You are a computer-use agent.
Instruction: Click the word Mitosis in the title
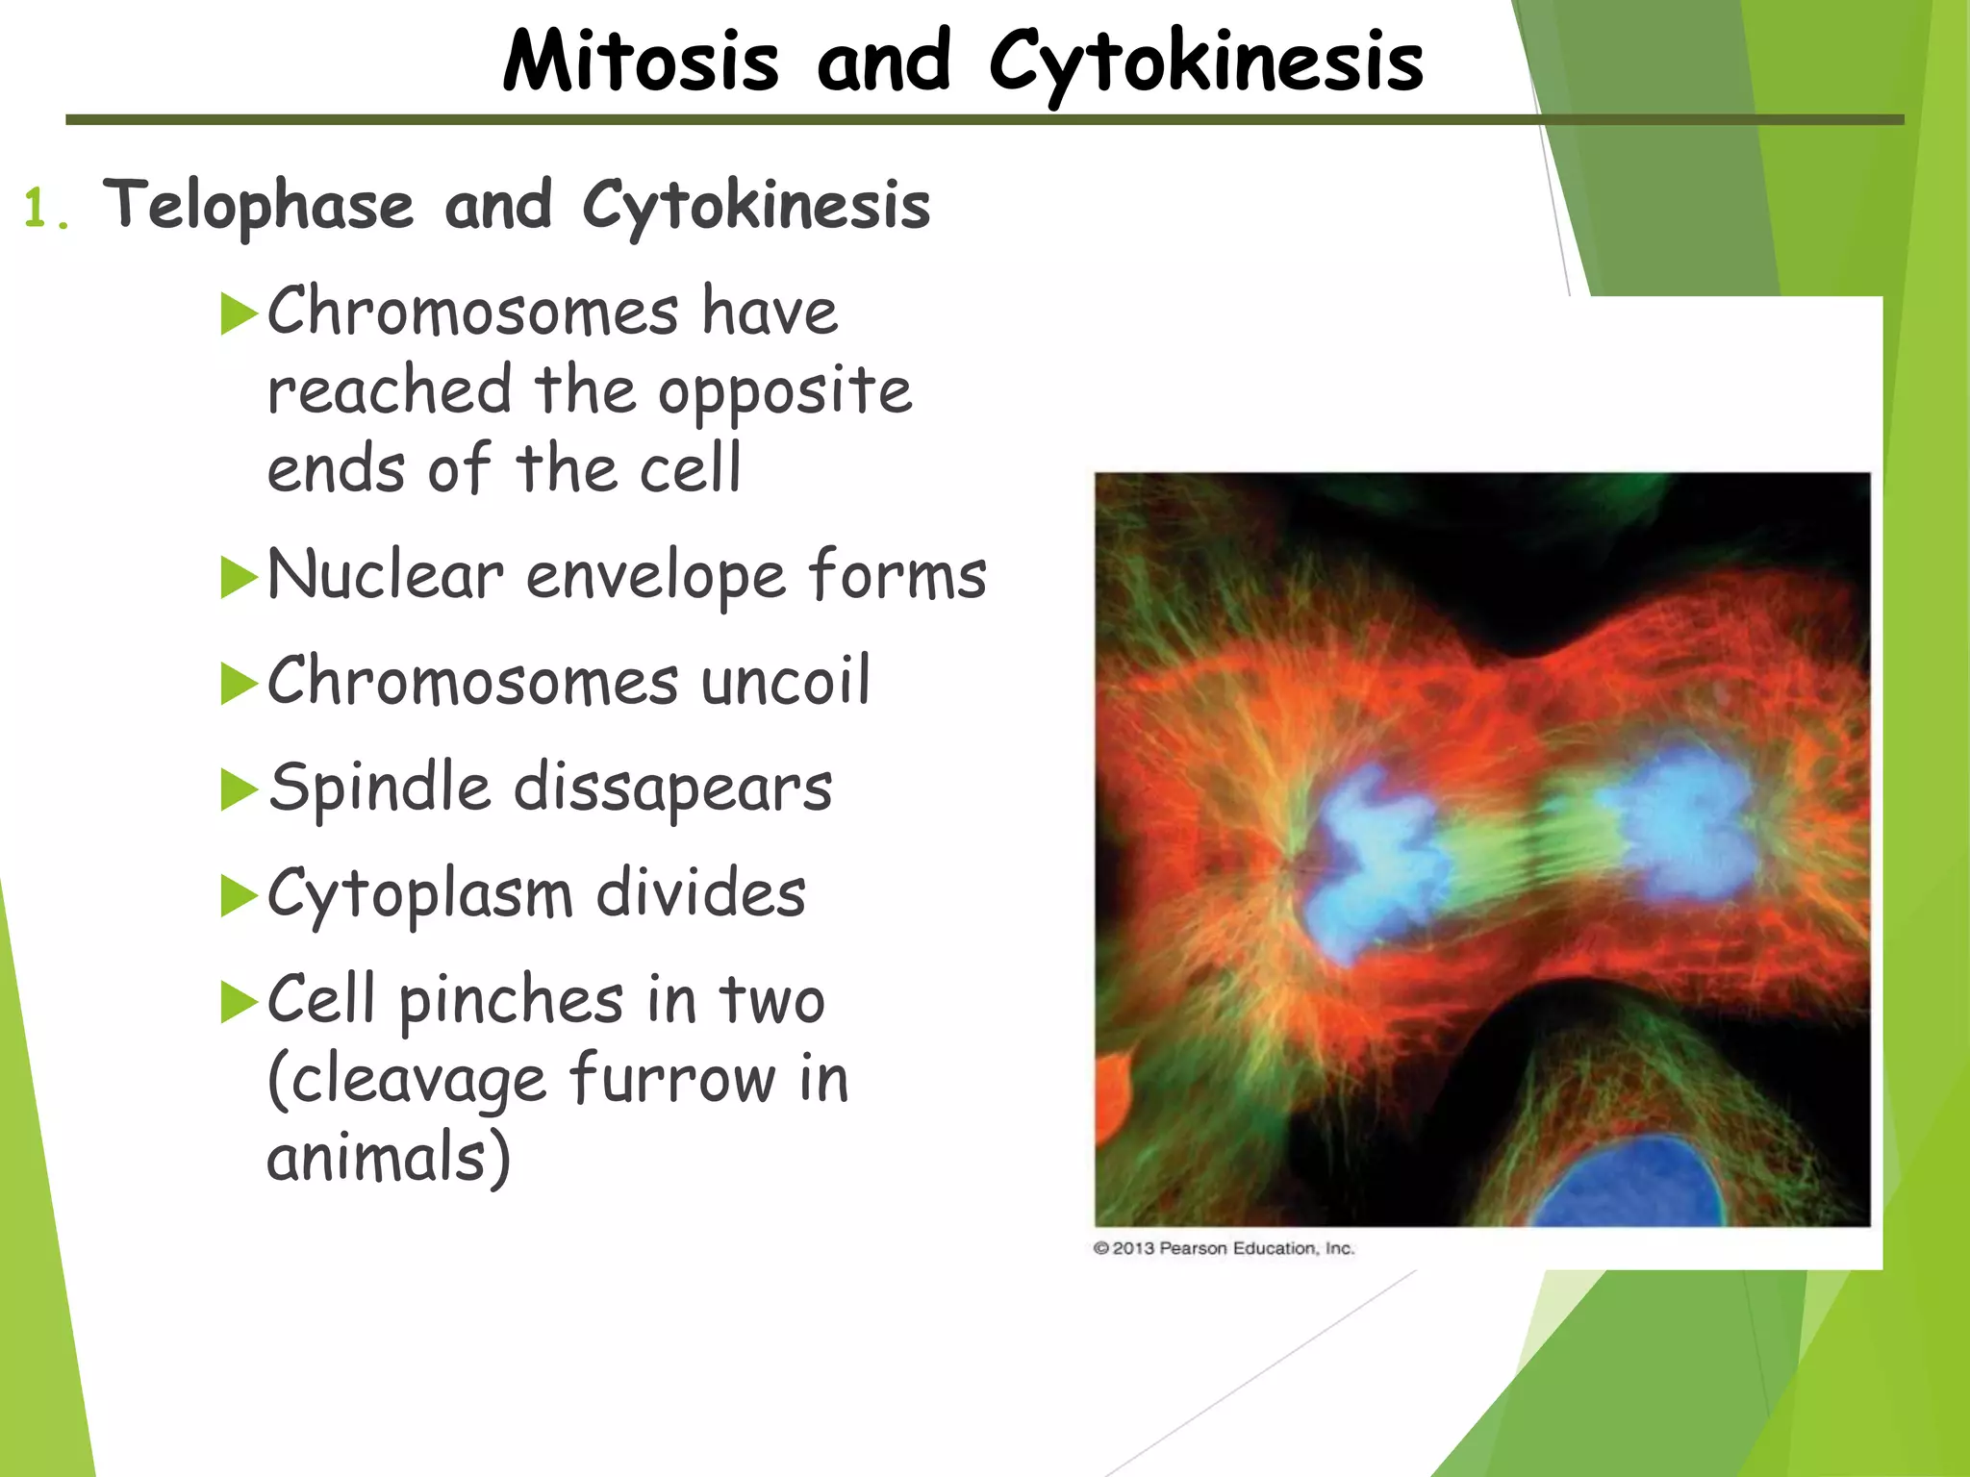[x=640, y=62]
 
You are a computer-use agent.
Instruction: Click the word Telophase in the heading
[x=258, y=204]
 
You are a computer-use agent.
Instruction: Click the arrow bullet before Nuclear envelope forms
[x=239, y=577]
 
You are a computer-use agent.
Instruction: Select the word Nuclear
[x=385, y=575]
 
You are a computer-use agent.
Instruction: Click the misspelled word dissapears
[x=672, y=788]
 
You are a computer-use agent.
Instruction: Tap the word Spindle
[x=380, y=788]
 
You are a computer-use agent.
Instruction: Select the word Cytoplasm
[x=419, y=895]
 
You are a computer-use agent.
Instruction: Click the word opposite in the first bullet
[x=784, y=392]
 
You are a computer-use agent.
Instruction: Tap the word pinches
[x=511, y=1000]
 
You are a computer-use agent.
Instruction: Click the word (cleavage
[x=406, y=1080]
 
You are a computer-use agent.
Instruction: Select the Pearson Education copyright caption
[x=1224, y=1248]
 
